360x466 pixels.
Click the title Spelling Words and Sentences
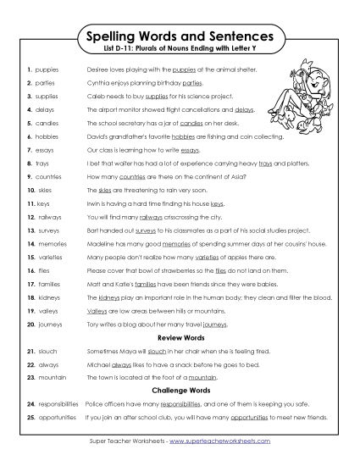(179, 37)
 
